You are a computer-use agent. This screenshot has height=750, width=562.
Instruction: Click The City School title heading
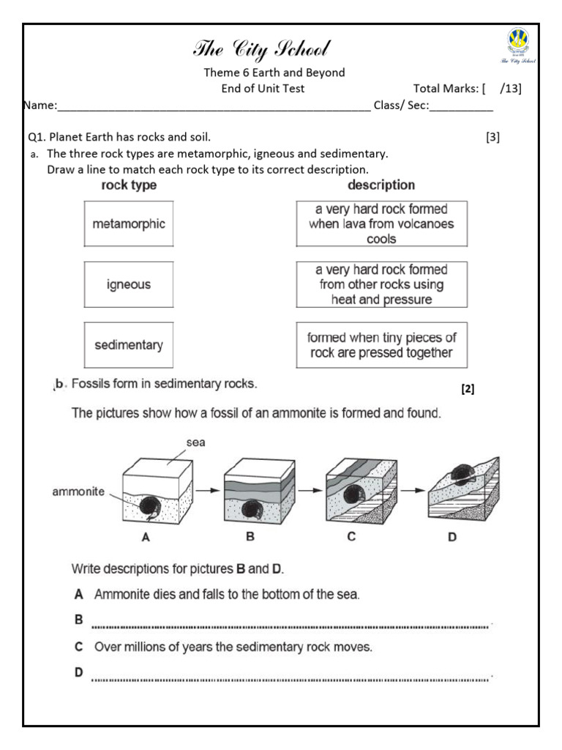261,50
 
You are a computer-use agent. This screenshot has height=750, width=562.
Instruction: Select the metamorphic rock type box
129,224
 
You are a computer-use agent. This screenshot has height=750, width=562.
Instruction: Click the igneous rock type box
129,284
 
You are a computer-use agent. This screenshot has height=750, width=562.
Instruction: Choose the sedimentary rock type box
129,344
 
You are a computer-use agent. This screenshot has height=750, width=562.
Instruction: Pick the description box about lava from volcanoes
381,224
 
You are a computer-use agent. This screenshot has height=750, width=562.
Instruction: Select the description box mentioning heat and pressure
381,284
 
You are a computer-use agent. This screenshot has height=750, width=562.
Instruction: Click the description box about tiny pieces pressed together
381,345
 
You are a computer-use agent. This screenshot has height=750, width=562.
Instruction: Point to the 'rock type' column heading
129,185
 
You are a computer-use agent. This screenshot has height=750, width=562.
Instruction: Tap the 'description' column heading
381,185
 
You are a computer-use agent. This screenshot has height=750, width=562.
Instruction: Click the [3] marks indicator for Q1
492,137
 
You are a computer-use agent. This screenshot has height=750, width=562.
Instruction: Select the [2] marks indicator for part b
468,390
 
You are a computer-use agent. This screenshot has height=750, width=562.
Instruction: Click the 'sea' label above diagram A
197,443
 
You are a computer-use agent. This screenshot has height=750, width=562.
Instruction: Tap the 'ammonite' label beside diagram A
78,491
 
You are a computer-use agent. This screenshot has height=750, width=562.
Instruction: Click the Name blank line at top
212,107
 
